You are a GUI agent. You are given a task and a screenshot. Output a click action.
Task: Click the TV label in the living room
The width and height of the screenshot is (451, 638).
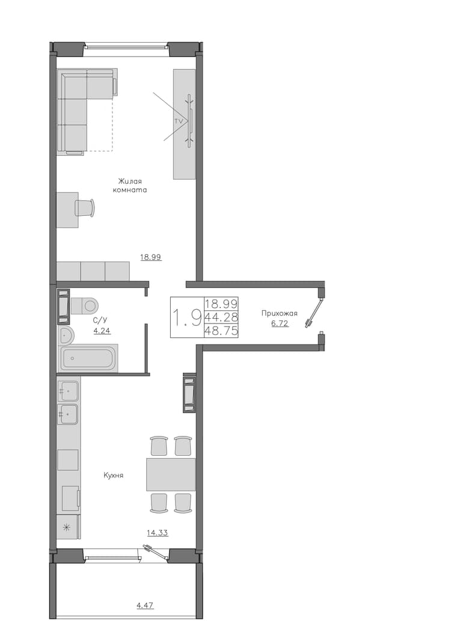coord(177,121)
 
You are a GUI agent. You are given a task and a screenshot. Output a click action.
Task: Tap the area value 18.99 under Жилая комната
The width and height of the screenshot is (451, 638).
coord(151,257)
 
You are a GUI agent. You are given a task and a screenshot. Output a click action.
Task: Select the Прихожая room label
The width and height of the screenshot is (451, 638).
coord(279,313)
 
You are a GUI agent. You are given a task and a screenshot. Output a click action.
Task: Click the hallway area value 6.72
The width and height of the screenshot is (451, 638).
coord(280,324)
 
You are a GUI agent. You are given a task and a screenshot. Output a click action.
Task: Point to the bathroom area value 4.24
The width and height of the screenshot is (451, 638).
coord(102,331)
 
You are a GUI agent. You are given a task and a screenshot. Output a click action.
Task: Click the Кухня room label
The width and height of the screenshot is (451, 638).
coord(114,475)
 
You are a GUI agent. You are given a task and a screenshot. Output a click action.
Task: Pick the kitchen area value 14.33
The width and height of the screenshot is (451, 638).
coord(158,533)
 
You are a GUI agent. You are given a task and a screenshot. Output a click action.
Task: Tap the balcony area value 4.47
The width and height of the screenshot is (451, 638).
coord(145,606)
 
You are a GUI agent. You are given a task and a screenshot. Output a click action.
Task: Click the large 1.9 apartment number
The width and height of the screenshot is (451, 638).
coord(187,317)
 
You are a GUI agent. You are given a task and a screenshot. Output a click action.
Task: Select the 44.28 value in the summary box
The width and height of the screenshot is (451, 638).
coord(222,317)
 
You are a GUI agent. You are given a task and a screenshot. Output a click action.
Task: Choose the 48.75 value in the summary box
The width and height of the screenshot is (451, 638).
coord(222,331)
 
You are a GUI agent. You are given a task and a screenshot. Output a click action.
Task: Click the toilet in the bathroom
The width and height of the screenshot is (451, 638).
coord(84,305)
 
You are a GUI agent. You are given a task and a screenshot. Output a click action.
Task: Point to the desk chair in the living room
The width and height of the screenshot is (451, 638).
coord(85,208)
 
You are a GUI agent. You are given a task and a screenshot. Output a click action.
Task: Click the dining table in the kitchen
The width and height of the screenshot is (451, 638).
coord(171,474)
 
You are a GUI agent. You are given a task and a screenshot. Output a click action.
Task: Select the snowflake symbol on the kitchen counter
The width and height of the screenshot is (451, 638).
coord(66,528)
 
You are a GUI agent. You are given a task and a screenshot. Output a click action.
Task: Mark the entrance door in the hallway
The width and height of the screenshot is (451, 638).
coord(314,313)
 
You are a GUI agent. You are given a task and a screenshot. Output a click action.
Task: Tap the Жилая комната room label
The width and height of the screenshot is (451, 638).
coord(130,185)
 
